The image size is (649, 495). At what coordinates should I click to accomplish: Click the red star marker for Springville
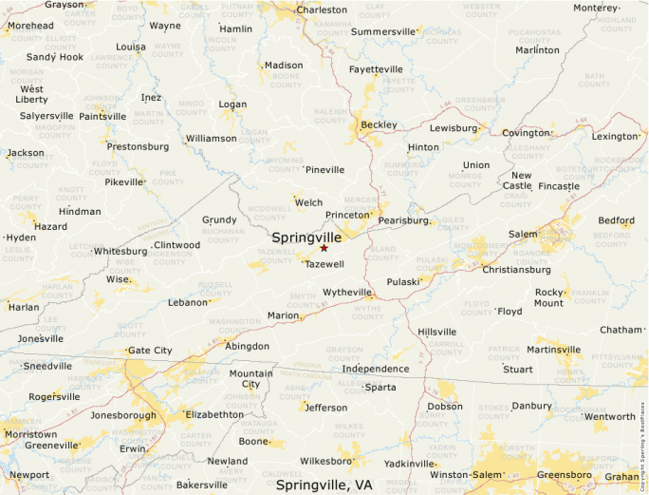click(x=324, y=248)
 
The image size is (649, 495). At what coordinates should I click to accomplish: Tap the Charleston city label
click(x=322, y=10)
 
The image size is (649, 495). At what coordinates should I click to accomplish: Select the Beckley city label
click(x=379, y=124)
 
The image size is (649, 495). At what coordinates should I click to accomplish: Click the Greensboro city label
click(x=565, y=474)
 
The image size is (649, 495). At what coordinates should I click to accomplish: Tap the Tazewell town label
click(x=324, y=263)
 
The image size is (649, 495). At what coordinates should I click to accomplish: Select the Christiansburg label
click(x=516, y=269)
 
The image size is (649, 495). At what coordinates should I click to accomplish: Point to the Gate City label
click(x=150, y=350)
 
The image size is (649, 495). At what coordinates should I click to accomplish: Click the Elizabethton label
click(x=214, y=414)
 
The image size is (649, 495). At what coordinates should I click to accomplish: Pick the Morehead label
click(x=31, y=26)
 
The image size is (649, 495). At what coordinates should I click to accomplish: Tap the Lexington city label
click(x=615, y=136)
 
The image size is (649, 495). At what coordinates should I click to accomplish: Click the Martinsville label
click(x=553, y=350)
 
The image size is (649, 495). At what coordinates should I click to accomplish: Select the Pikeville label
click(x=123, y=181)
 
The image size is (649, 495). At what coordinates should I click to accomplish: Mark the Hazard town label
click(x=50, y=227)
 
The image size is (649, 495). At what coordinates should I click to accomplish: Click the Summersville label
click(x=383, y=31)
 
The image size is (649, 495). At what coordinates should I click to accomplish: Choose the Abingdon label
click(x=247, y=346)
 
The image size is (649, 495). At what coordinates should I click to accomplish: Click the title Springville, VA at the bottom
click(x=324, y=485)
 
